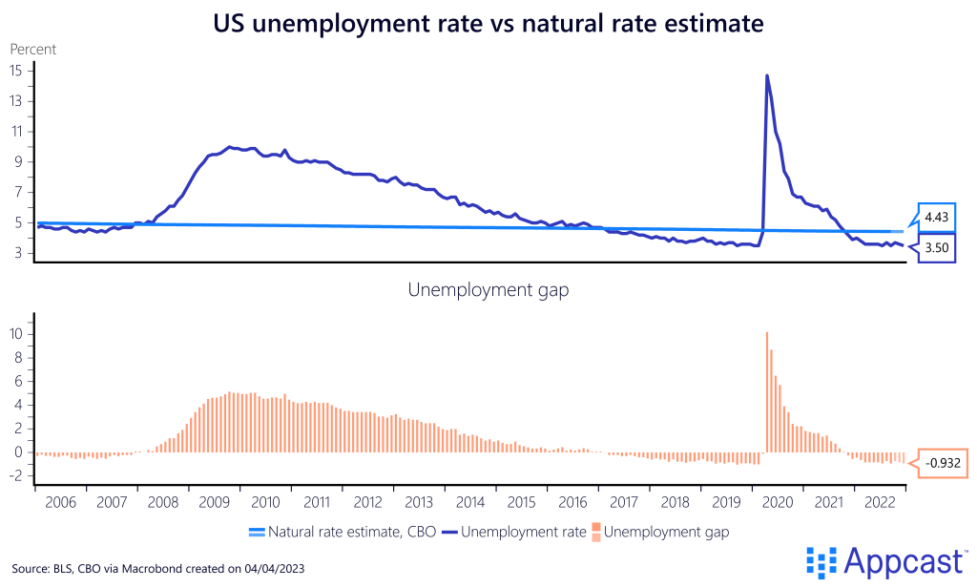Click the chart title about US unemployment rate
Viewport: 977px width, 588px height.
point(488,24)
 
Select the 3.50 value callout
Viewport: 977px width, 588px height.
point(936,248)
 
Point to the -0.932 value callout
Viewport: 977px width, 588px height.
point(942,463)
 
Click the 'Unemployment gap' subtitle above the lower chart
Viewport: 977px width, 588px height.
point(488,290)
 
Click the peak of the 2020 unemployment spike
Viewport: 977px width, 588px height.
point(767,75)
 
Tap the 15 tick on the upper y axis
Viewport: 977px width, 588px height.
point(16,70)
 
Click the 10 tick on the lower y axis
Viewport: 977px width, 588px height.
point(16,334)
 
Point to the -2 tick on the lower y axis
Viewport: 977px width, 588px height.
point(17,475)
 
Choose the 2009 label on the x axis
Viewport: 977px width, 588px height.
point(214,502)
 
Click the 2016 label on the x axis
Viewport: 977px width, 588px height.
point(572,502)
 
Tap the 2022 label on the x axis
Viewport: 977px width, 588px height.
point(879,502)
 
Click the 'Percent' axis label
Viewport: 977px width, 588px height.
point(33,48)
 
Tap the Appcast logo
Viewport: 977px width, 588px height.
point(886,562)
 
